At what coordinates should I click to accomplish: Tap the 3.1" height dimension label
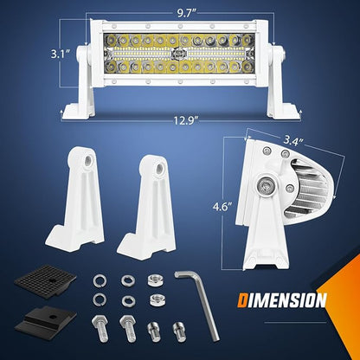61,55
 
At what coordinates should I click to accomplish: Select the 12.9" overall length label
186,120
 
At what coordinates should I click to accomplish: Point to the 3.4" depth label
293,141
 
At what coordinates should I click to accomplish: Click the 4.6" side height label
222,207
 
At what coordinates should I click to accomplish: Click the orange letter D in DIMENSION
242,300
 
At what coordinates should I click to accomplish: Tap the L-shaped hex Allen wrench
198,305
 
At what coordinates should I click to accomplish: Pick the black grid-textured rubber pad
45,280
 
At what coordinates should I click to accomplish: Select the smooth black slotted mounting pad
45,321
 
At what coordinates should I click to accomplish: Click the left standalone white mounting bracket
76,196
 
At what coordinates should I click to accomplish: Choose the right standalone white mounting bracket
147,208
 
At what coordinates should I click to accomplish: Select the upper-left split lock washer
100,280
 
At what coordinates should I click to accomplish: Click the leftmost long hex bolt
100,328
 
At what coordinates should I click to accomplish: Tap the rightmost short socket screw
179,331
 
